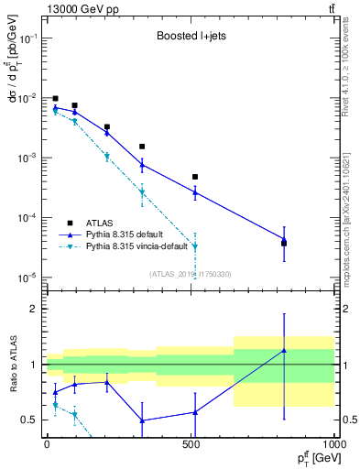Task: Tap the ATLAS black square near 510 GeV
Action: (x=195, y=177)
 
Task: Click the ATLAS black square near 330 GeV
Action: (x=142, y=147)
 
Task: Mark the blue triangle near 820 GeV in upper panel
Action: (x=284, y=240)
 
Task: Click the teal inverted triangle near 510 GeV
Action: (x=195, y=246)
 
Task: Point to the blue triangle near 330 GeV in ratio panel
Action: (x=142, y=420)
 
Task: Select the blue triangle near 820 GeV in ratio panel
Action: (x=284, y=350)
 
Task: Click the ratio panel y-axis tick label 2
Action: (x=35, y=309)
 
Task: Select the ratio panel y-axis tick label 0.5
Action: (x=31, y=420)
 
